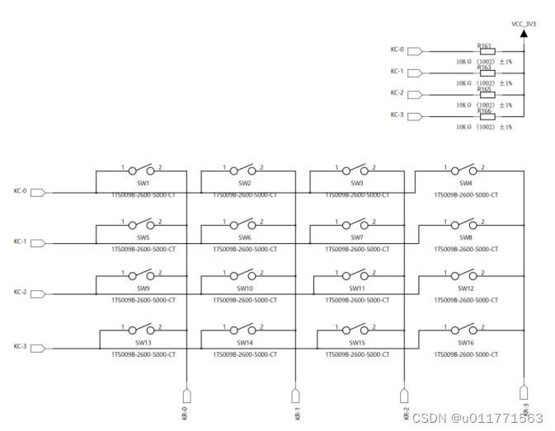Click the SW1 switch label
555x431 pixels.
pos(143,183)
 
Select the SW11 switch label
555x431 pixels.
pos(356,289)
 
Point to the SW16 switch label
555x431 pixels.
pos(466,342)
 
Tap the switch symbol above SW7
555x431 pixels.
pos(356,224)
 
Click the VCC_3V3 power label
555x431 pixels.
pos(523,26)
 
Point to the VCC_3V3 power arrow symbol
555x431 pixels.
pos(524,35)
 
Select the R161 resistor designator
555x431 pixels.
pos(484,45)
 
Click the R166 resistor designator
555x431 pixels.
pos(484,110)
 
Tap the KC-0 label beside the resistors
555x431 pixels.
pos(397,50)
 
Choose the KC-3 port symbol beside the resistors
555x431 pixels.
pos(415,115)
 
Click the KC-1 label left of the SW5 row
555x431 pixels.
pos(21,242)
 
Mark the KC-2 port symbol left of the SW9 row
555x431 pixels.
pos(37,293)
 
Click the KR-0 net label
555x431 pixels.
pos(185,411)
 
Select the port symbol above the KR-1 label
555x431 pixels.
pos(295,394)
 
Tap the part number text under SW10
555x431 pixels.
pos(244,301)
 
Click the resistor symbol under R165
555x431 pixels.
pos(487,94)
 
